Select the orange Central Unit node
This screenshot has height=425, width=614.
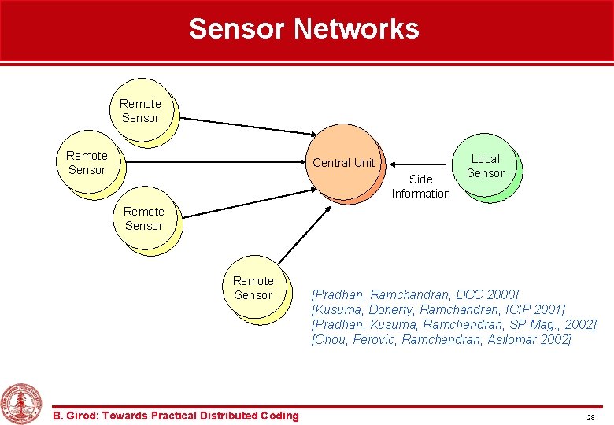coord(343,164)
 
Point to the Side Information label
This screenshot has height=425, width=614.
coord(420,187)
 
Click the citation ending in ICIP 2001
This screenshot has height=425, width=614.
coord(438,310)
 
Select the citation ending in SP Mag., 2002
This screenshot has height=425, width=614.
coord(453,325)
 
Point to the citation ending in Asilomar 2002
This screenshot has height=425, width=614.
coord(441,340)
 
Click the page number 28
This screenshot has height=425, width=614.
coord(590,416)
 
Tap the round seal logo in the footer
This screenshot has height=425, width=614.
coord(21,403)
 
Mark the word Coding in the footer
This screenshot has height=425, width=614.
coord(279,416)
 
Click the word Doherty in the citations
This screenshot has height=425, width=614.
coord(389,310)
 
